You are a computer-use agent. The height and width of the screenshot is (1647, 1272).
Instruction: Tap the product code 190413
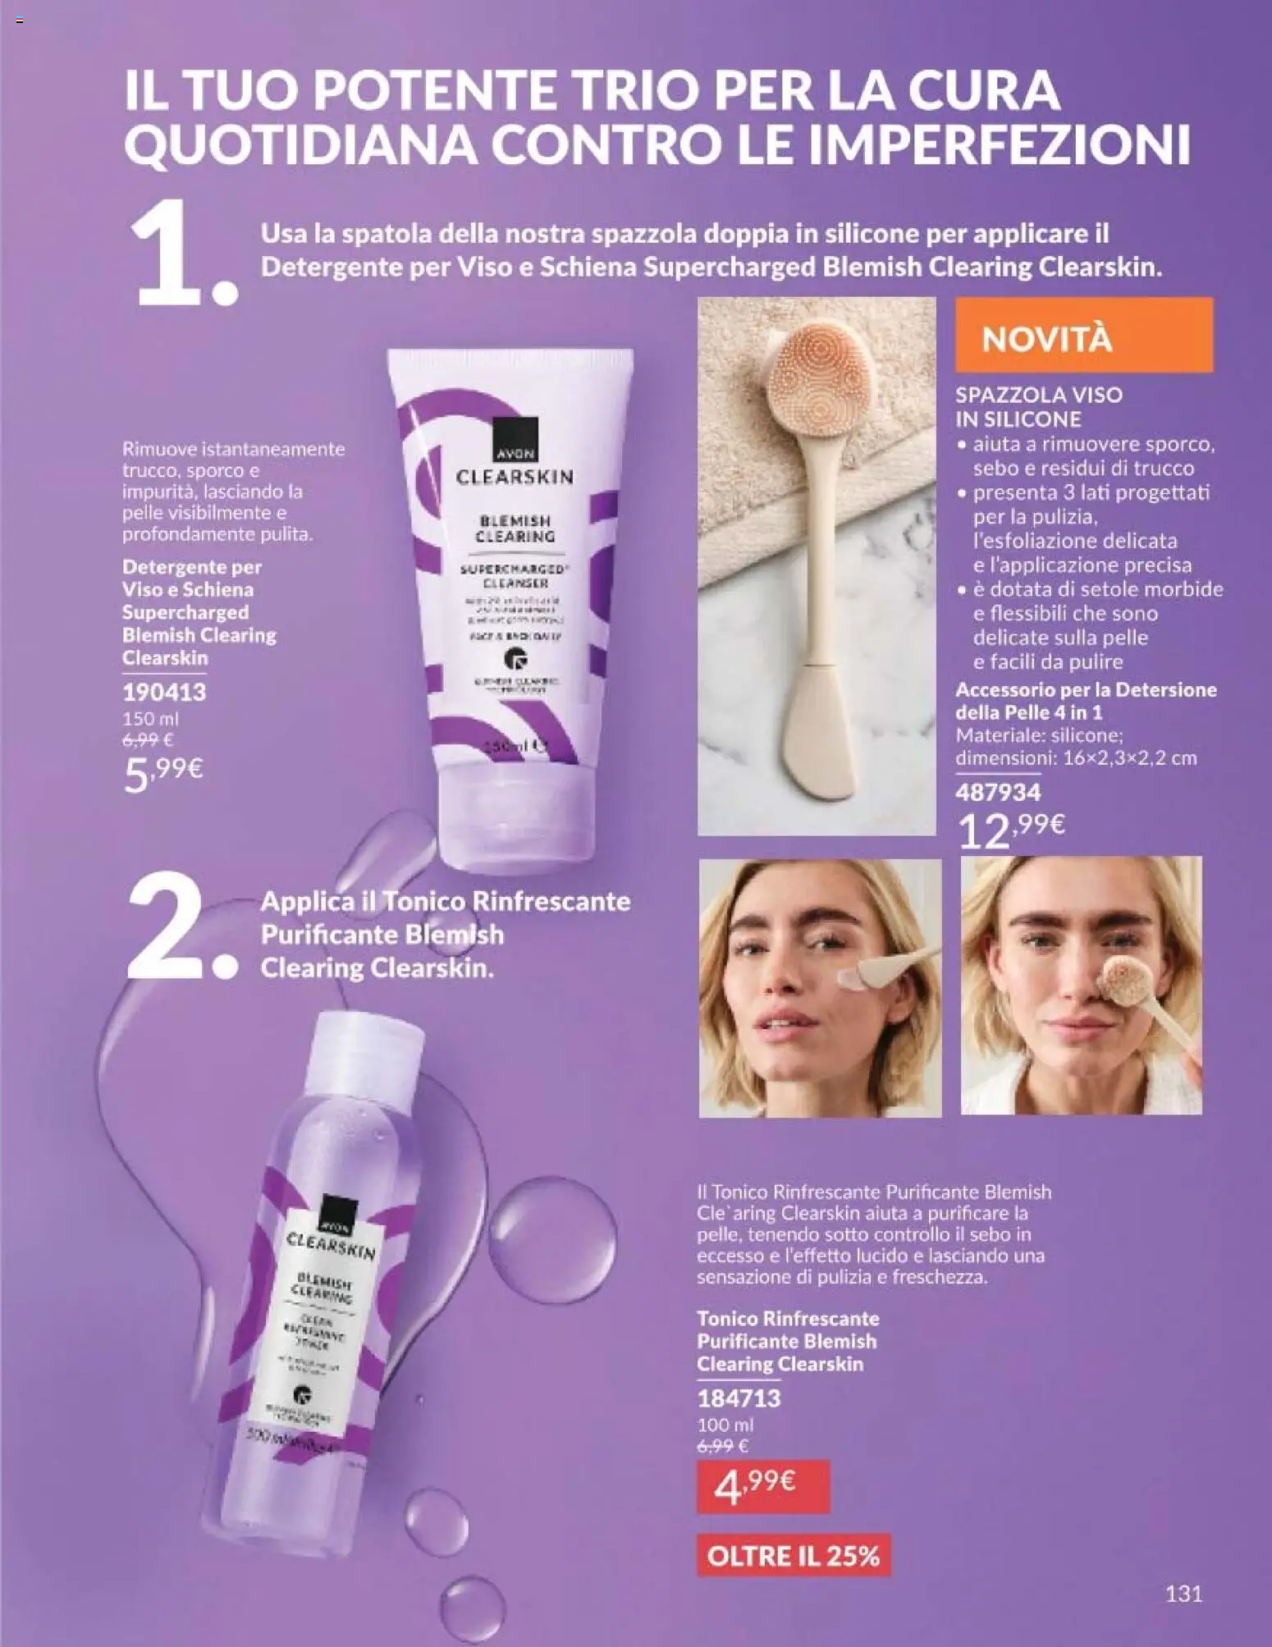[x=164, y=692]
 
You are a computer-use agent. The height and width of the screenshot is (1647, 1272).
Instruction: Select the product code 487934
[x=997, y=792]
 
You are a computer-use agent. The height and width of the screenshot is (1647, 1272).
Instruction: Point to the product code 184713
[x=739, y=1398]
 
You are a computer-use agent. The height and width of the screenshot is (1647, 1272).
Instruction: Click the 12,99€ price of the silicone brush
[x=1011, y=830]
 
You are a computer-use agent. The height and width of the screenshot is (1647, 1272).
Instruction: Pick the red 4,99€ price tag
[x=762, y=1486]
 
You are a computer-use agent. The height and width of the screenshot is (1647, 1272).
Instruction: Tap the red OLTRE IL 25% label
[x=793, y=1556]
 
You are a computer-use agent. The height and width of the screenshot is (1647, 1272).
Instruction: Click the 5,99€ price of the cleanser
[x=162, y=773]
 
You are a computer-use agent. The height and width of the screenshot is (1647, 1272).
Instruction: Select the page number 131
[x=1183, y=1593]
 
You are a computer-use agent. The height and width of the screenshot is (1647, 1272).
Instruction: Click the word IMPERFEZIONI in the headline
[x=1007, y=144]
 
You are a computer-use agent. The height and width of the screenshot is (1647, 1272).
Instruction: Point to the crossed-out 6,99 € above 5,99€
[x=147, y=739]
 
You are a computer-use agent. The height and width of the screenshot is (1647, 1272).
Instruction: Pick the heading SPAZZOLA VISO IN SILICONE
[x=1038, y=406]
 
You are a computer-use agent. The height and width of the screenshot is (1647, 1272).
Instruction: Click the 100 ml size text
[x=725, y=1425]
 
